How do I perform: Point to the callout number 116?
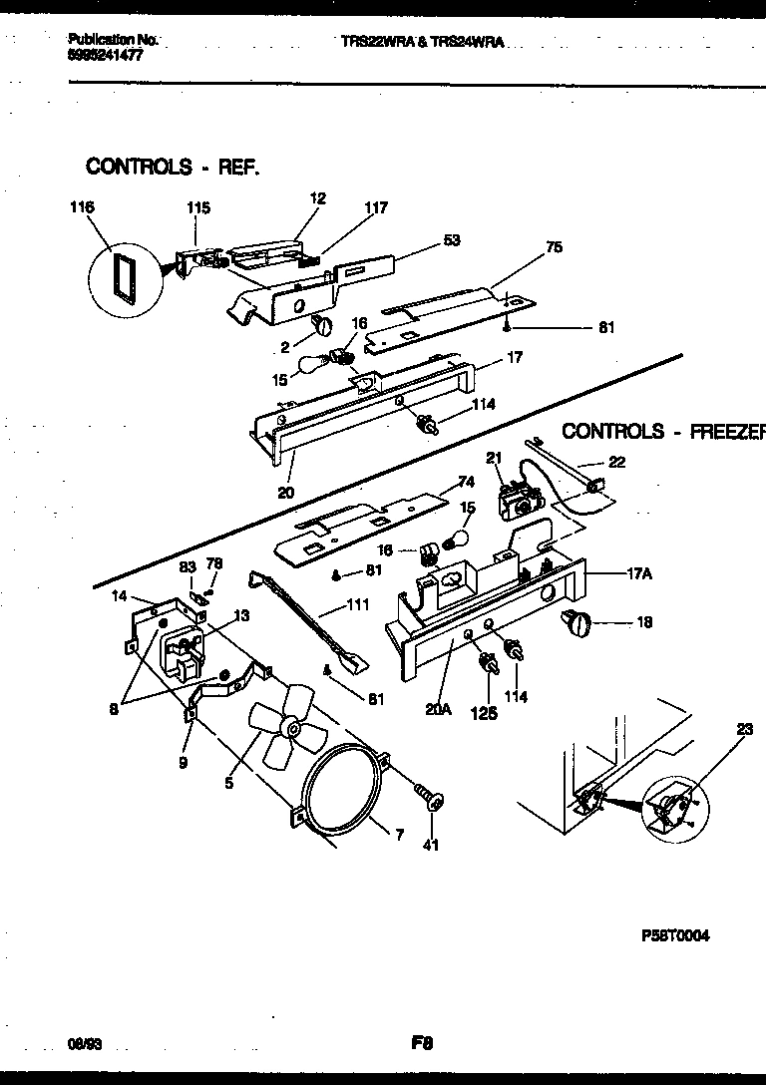(83, 207)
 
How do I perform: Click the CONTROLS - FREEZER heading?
(662, 431)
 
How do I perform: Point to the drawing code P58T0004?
(675, 936)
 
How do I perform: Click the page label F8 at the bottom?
(420, 1043)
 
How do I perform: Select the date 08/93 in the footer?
(87, 1043)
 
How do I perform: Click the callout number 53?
(452, 240)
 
